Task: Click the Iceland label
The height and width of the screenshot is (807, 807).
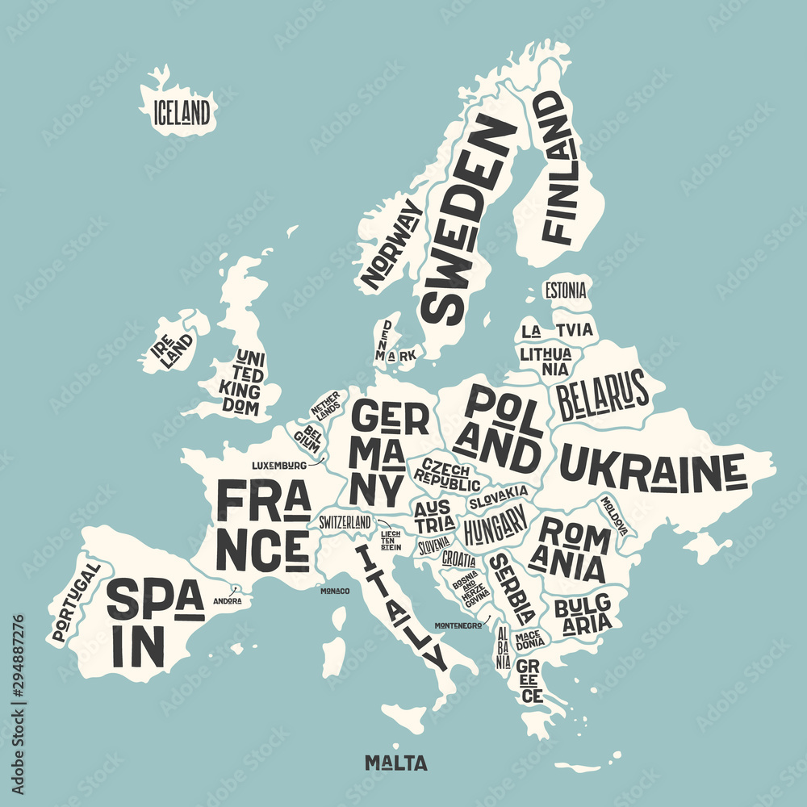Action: tap(182, 111)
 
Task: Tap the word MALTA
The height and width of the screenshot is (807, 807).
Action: tap(395, 763)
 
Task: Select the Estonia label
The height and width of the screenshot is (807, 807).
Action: tap(565, 291)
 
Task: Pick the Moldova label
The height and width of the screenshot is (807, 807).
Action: tap(613, 515)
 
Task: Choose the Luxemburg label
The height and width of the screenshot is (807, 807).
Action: tap(278, 466)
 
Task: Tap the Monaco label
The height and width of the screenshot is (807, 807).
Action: tap(335, 592)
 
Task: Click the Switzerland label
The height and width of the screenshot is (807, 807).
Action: tap(345, 522)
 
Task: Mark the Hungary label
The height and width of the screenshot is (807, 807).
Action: tap(495, 529)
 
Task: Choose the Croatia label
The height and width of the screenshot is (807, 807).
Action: tap(458, 558)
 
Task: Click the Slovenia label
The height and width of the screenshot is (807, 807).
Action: tap(433, 546)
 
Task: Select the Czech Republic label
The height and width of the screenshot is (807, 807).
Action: tap(446, 477)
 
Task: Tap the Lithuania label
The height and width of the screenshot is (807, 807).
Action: tap(546, 361)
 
